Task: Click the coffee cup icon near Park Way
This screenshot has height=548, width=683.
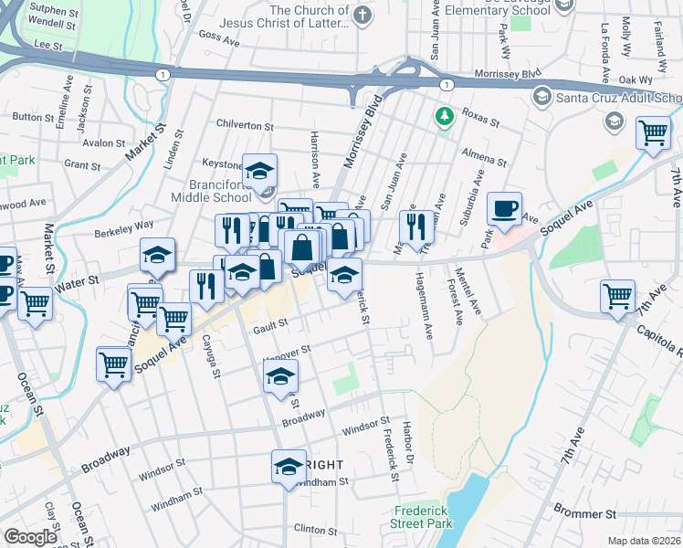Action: [x=504, y=210]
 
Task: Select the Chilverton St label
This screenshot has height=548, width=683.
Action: [x=245, y=125]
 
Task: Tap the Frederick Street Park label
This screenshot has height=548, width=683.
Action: [x=424, y=517]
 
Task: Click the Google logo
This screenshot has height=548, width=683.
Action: [x=30, y=537]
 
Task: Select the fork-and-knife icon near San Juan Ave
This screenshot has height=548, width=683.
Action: [x=416, y=227]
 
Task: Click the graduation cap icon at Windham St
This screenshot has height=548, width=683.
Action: [x=289, y=467]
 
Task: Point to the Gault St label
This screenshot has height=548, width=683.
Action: [x=270, y=322]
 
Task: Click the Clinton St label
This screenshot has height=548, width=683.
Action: [x=316, y=529]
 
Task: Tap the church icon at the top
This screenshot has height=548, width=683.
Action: [x=363, y=15]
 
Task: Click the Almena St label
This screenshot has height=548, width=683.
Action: [x=484, y=156]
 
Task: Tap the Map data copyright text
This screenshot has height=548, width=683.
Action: [x=645, y=541]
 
